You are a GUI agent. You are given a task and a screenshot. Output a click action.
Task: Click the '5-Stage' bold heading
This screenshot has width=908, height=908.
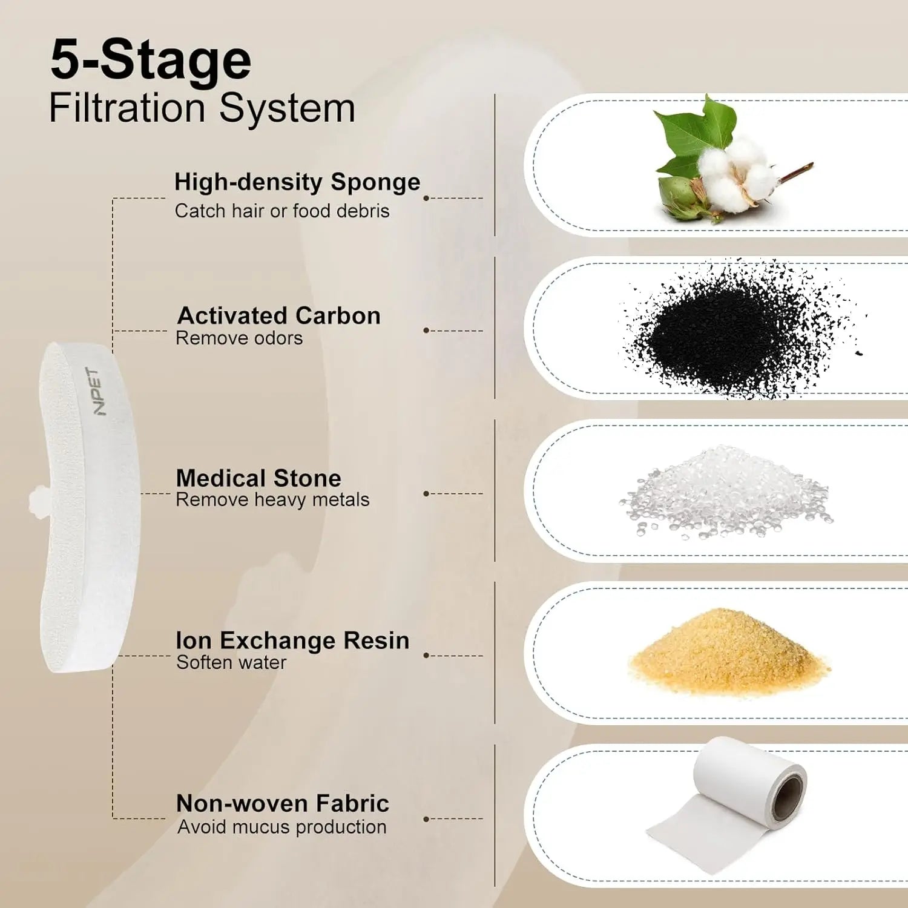(x=151, y=60)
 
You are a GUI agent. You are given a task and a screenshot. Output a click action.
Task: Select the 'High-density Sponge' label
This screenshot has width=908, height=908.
(x=297, y=182)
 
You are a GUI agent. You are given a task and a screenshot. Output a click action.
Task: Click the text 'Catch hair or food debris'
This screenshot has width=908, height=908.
(x=282, y=211)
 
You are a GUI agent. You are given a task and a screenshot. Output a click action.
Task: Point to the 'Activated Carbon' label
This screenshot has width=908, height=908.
(x=279, y=315)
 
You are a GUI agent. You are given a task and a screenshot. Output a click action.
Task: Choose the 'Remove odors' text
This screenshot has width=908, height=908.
(x=239, y=338)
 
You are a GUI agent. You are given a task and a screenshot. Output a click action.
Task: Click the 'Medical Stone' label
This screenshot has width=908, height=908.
(x=258, y=478)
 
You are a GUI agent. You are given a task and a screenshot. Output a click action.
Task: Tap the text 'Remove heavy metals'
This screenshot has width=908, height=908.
(x=272, y=500)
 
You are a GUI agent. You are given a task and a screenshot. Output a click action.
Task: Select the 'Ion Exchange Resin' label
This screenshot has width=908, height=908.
(x=292, y=640)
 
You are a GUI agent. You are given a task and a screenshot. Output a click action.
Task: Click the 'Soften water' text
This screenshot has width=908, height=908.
(x=231, y=662)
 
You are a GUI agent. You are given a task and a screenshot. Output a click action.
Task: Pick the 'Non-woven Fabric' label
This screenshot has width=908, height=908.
(x=283, y=804)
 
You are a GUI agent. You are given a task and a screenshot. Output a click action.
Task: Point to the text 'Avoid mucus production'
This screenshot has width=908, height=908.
(x=282, y=827)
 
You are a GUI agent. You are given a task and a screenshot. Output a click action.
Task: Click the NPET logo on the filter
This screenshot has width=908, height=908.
(x=96, y=391)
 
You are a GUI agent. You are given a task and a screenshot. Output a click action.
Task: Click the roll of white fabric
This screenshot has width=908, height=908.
(x=726, y=802)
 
